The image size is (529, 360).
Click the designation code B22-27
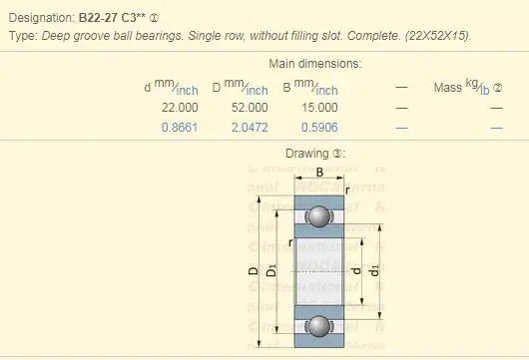[x=99, y=18]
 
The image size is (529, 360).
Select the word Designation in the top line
[x=40, y=18]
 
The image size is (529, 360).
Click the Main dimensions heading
[x=315, y=64]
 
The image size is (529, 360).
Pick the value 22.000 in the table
[x=179, y=107]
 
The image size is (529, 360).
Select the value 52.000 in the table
[x=249, y=107]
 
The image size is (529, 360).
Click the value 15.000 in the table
[x=317, y=107]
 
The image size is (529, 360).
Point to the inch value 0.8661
[x=180, y=127]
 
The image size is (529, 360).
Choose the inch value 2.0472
[x=249, y=127]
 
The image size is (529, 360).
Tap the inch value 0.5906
[x=317, y=127]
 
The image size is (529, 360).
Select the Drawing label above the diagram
[x=314, y=155]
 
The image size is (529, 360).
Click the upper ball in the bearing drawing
[x=319, y=216]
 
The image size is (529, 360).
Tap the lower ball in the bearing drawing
[x=319, y=325]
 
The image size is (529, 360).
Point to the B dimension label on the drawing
[x=317, y=172]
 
